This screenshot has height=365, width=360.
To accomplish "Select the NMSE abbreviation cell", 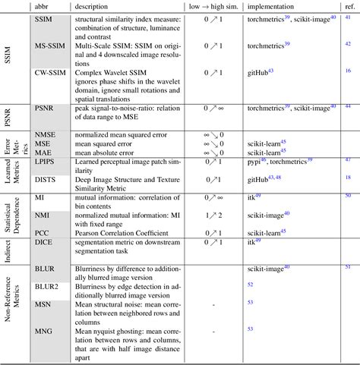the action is (45, 134).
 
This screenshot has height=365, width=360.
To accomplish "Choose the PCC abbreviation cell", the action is (42, 232).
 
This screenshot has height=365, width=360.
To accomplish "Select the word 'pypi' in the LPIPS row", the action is (254, 162).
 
